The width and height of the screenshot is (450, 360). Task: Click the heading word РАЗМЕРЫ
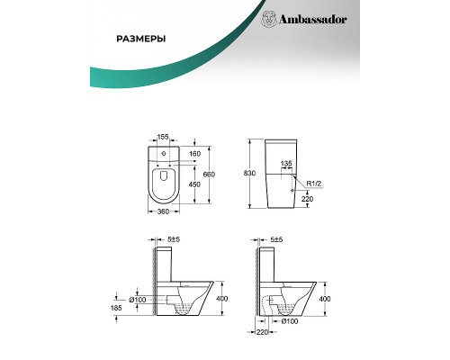[x=141, y=39]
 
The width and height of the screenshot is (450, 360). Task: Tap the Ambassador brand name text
[x=313, y=20]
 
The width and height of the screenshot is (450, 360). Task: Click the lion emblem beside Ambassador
[x=269, y=20]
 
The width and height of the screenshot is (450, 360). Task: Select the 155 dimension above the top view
[x=163, y=137]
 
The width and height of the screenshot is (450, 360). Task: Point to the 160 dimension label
[x=194, y=154]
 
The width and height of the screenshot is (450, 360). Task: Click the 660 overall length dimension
[x=209, y=175]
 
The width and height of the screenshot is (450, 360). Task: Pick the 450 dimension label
[x=194, y=184]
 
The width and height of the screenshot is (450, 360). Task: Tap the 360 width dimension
[x=163, y=211]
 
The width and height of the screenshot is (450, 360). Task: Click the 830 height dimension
[x=249, y=174]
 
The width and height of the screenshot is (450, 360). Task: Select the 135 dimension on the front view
[x=286, y=164]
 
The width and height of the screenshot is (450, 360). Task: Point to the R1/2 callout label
[x=314, y=184]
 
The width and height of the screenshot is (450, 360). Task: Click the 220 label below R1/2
[x=307, y=199]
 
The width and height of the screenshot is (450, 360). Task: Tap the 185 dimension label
[x=116, y=308]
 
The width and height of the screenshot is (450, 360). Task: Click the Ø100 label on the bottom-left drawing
[x=138, y=300]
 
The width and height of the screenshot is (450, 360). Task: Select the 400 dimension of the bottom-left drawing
[x=221, y=299]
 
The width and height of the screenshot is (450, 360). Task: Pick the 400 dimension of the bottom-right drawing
[x=325, y=299]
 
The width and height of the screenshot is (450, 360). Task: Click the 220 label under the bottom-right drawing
[x=262, y=332]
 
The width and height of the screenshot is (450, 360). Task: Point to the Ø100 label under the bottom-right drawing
[x=290, y=321]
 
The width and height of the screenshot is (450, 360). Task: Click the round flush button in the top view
[x=164, y=154]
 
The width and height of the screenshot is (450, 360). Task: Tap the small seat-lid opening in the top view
[x=164, y=175]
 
